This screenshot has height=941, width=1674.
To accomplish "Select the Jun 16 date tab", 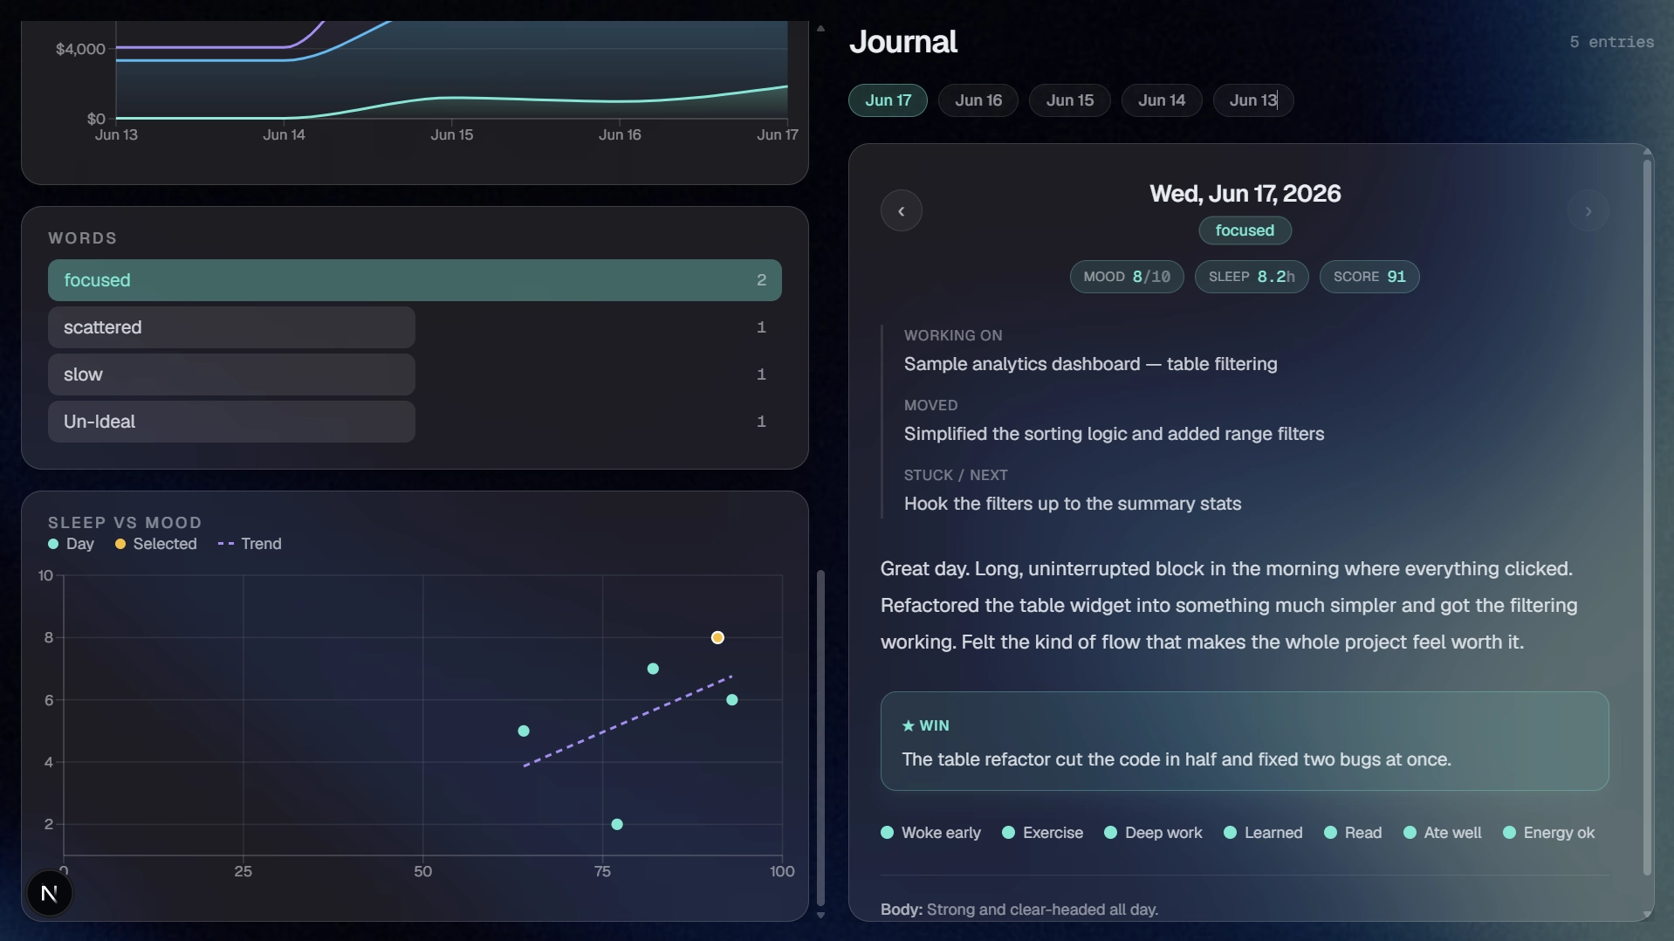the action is click(x=978, y=100).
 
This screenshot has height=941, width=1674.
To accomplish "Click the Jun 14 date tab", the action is click(x=1161, y=100).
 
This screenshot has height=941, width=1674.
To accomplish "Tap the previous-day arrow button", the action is click(x=901, y=211).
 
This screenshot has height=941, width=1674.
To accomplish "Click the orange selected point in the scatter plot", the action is click(x=717, y=638).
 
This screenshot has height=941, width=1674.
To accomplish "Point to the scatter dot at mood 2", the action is click(x=617, y=824).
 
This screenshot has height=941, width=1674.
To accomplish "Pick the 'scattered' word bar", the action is click(x=231, y=327).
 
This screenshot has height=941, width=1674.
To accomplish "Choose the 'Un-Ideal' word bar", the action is click(x=231, y=422).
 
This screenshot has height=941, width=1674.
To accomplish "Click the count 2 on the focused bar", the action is click(x=761, y=280).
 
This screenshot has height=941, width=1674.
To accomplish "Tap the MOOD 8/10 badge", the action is click(x=1126, y=277).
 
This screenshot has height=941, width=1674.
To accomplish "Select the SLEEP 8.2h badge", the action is click(x=1251, y=277).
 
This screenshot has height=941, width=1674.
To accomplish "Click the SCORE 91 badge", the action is click(x=1369, y=277).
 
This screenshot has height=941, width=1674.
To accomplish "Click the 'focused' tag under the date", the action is click(x=1245, y=230).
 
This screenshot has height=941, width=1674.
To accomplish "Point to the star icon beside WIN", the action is click(x=908, y=725).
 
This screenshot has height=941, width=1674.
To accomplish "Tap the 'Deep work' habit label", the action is click(x=1163, y=833).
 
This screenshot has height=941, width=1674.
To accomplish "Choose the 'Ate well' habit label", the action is click(x=1452, y=833).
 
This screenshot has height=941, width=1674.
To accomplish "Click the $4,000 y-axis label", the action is click(x=80, y=49).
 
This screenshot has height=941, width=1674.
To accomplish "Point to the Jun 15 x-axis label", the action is click(x=452, y=134).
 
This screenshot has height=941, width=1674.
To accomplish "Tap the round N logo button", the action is click(x=50, y=893).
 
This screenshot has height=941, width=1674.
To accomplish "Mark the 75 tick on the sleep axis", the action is click(x=602, y=871).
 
